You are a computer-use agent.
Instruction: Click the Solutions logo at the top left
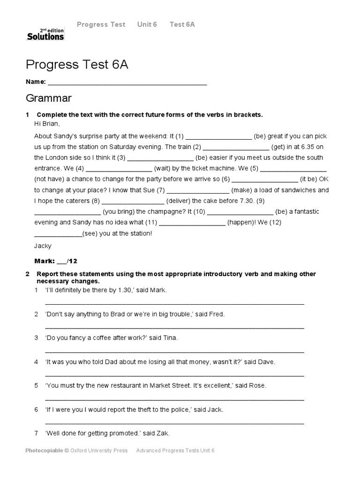click(45, 34)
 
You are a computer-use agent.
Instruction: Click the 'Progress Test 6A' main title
click(77, 65)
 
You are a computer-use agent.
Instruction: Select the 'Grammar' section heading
click(49, 98)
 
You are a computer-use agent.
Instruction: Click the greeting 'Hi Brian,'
click(47, 124)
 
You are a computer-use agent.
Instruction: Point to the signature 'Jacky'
click(43, 246)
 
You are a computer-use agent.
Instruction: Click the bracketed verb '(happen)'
click(242, 222)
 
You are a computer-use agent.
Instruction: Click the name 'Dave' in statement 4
click(266, 362)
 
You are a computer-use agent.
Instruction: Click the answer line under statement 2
click(174, 327)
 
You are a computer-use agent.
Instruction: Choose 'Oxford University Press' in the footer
click(98, 450)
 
